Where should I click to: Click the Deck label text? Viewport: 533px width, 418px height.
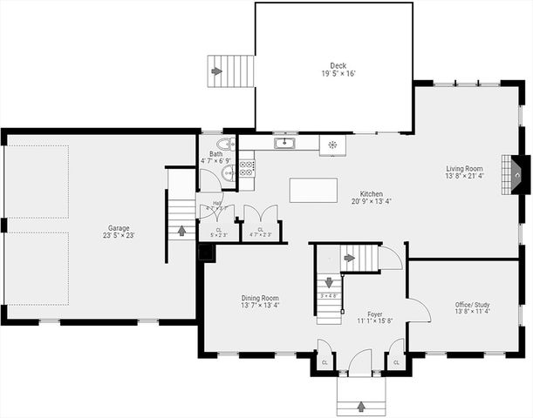coord(338,65)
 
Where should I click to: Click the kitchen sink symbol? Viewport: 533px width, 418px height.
coord(284,143)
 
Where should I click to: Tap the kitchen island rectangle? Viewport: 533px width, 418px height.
coord(313,190)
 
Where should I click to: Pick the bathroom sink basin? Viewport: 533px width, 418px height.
coord(229,173)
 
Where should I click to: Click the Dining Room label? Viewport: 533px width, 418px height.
coord(260,298)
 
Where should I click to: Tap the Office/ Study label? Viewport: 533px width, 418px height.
coord(473,305)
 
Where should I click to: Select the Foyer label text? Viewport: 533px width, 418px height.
coord(375,313)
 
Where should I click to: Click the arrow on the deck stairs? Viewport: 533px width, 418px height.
coord(216,71)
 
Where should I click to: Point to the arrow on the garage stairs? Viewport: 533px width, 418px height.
coord(181,231)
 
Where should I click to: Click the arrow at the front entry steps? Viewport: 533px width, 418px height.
coord(361,405)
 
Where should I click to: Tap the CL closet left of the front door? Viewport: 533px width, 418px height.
coord(325,361)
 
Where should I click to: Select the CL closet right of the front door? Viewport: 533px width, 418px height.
coord(396,361)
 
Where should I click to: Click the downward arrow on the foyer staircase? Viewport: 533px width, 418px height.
coord(330,282)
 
